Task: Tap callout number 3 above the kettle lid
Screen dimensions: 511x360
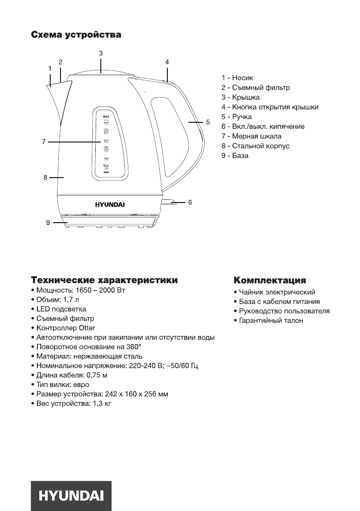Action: [x=101, y=54]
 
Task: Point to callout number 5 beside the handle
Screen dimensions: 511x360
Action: [x=208, y=122]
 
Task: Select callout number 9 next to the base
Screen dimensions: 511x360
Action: [x=48, y=222]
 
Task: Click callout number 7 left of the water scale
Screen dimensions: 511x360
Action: [x=44, y=141]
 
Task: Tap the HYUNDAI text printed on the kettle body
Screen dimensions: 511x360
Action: [x=110, y=204]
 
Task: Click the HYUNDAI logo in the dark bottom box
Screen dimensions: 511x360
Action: [x=71, y=496]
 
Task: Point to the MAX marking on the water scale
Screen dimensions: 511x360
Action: [x=106, y=117]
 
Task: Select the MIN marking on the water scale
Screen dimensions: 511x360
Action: [x=106, y=172]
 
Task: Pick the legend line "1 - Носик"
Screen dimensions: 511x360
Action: [x=237, y=78]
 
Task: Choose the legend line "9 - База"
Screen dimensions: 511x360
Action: [x=235, y=156]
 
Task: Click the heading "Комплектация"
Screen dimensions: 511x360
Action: [x=269, y=281]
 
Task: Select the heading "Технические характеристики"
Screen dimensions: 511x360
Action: [x=103, y=281]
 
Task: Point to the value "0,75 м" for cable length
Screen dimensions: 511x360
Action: [x=97, y=375]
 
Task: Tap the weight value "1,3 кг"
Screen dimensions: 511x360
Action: [x=102, y=404]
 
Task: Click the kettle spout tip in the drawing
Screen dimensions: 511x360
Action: [x=48, y=85]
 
